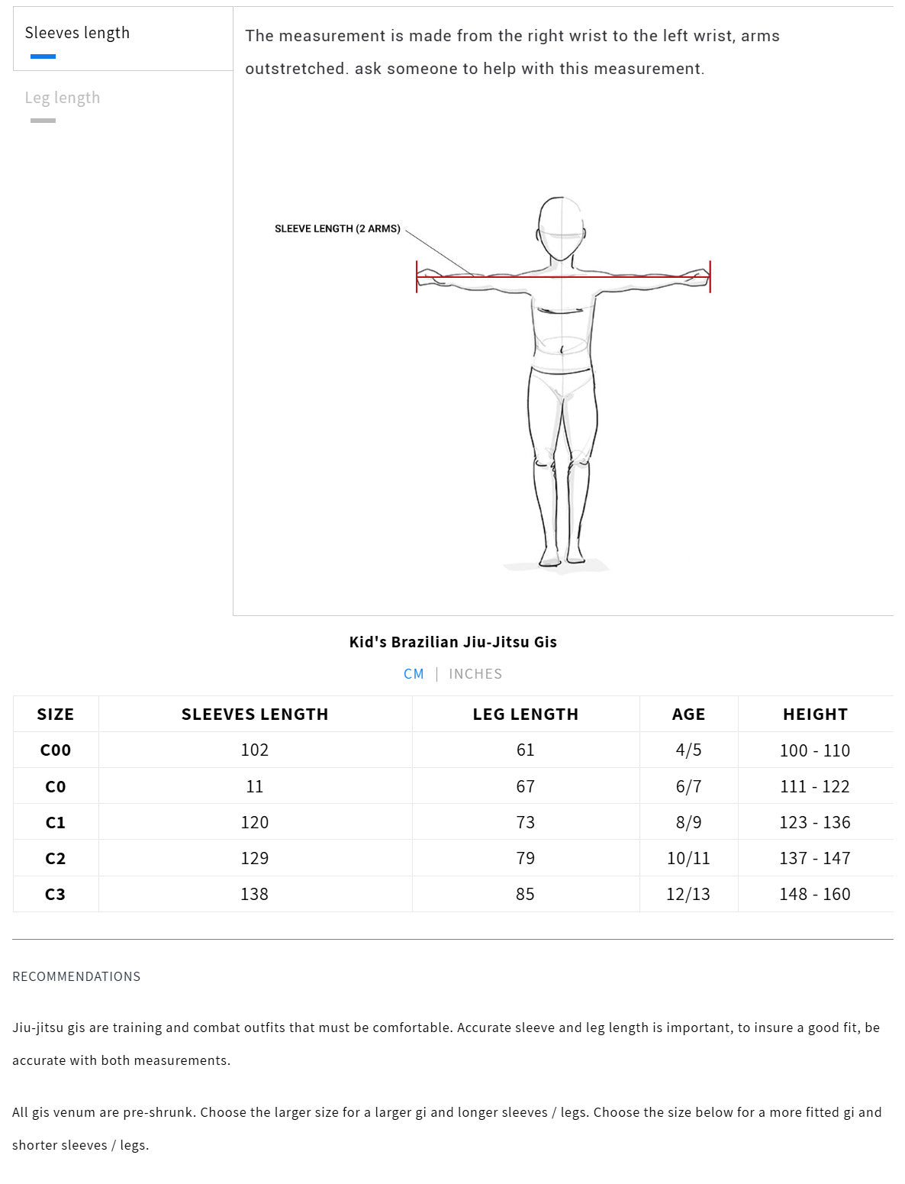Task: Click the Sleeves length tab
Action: tap(77, 33)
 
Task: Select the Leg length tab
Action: tap(63, 98)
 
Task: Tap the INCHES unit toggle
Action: tap(475, 674)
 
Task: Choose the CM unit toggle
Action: tap(414, 674)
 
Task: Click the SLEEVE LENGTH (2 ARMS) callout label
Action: tap(337, 229)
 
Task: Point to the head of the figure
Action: tap(561, 229)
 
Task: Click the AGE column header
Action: tap(688, 715)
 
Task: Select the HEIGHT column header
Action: tap(815, 715)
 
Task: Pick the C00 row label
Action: tap(56, 750)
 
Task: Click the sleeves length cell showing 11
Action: tap(254, 786)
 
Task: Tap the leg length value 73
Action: tap(525, 822)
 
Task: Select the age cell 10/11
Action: tap(688, 858)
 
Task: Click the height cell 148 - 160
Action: tap(814, 895)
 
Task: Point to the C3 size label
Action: tap(55, 895)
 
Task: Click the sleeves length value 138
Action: tap(254, 895)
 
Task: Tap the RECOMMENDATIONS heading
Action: tap(76, 976)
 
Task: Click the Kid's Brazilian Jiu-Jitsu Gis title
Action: tap(453, 642)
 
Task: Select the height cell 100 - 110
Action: tap(814, 750)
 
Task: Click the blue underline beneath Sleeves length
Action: tap(43, 56)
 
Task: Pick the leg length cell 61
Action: tap(525, 750)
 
